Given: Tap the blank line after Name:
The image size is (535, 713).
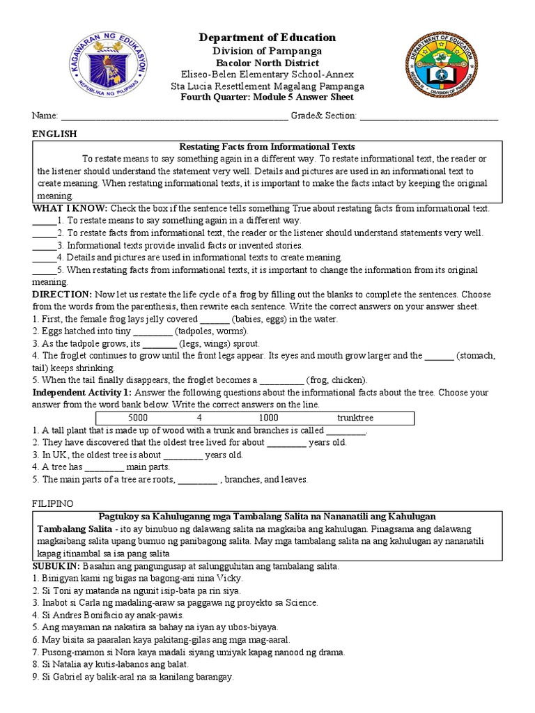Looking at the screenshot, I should point(174,117).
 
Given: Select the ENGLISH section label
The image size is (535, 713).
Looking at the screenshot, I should point(55,134).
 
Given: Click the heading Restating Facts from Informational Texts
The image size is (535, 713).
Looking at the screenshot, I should point(267,147).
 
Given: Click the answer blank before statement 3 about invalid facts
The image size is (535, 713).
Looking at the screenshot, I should point(43,245).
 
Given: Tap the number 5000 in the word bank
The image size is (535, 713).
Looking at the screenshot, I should point(139,418).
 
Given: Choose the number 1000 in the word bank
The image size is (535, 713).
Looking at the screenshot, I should point(268,418).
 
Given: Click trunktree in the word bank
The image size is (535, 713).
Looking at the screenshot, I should point(355,418).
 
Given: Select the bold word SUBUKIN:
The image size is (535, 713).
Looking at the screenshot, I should point(57,566).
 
